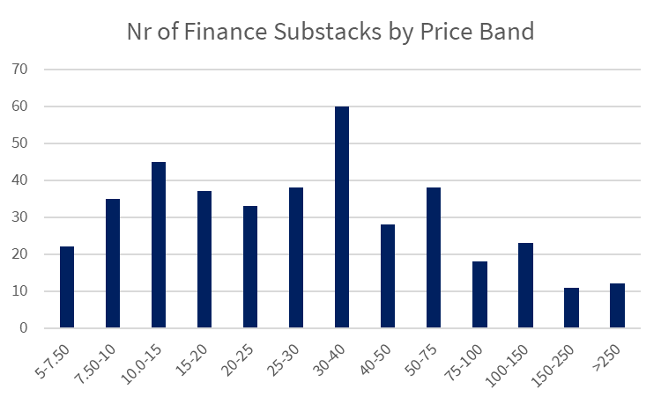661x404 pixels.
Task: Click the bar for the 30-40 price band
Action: pyautogui.click(x=342, y=217)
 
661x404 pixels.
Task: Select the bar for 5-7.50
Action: pyautogui.click(x=67, y=288)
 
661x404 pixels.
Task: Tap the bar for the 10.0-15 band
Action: pyautogui.click(x=159, y=245)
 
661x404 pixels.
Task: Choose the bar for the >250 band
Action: pyautogui.click(x=617, y=306)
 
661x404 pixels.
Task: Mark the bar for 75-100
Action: pyautogui.click(x=479, y=295)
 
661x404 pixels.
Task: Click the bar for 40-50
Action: pyautogui.click(x=388, y=276)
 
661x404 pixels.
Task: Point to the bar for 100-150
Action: pyautogui.click(x=525, y=286)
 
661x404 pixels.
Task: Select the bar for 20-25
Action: pyautogui.click(x=250, y=267)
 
